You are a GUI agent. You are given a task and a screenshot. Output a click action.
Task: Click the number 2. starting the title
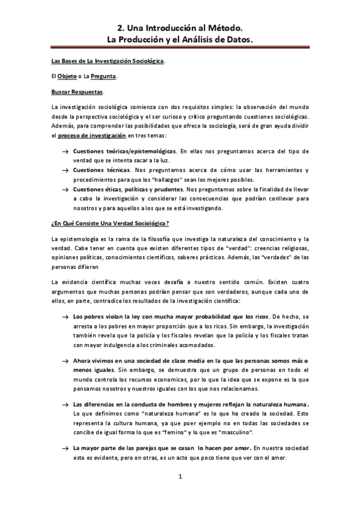[120, 28]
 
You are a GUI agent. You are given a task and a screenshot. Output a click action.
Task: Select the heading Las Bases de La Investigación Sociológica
[108, 62]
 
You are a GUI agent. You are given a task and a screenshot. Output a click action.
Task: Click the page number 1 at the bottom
[180, 478]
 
